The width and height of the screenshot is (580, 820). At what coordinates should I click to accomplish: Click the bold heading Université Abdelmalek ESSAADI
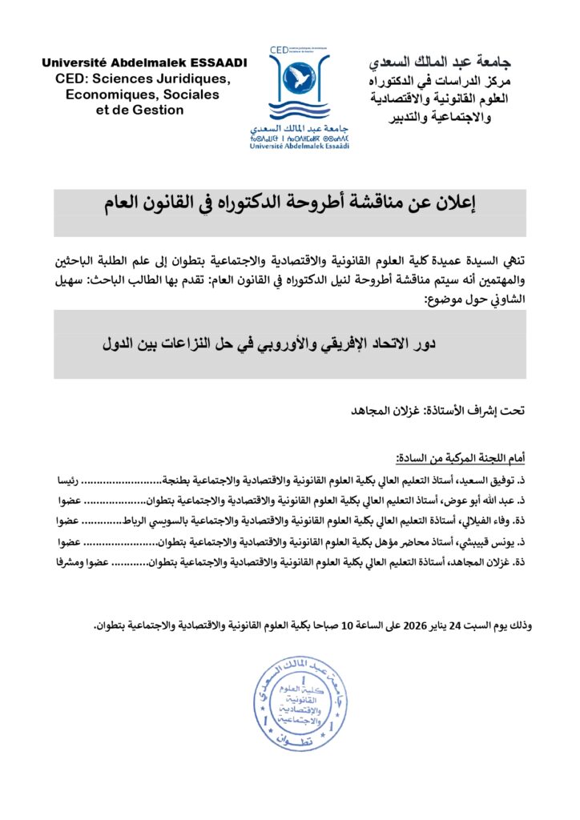coord(144,62)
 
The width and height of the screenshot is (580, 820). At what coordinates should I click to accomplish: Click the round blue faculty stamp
coord(300,695)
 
